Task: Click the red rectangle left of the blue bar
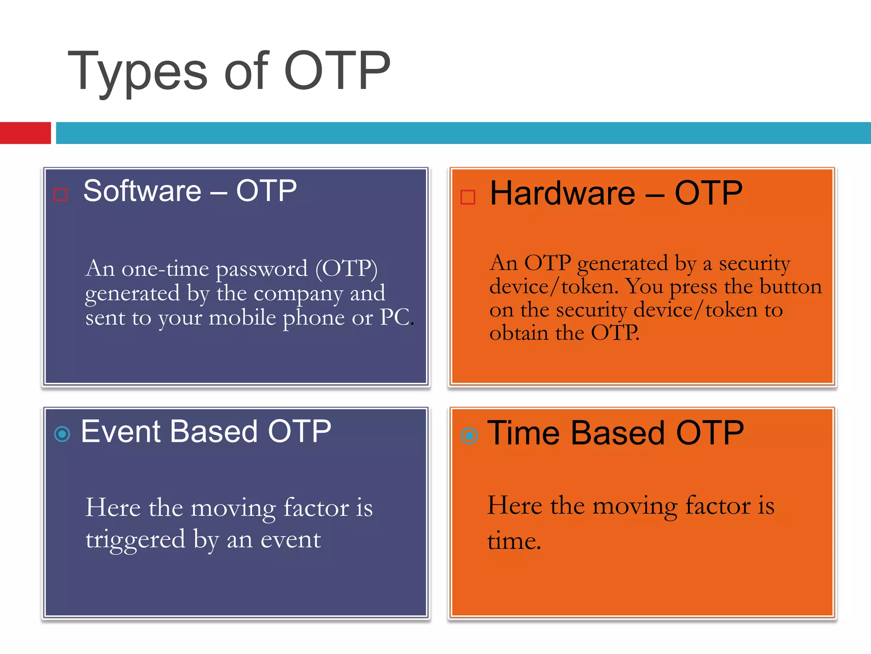[x=25, y=133]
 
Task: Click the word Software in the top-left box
[x=142, y=191]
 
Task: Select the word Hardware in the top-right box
[x=562, y=193]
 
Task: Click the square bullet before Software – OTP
[x=60, y=195]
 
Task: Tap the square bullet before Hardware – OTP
[x=467, y=197]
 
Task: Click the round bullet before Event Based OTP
[x=62, y=434]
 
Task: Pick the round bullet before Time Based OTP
[x=469, y=436]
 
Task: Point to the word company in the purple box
[x=298, y=294]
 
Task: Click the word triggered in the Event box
[x=135, y=540]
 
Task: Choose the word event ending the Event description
[x=290, y=540]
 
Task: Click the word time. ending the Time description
[x=514, y=541]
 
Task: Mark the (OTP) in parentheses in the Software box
[x=346, y=269]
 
